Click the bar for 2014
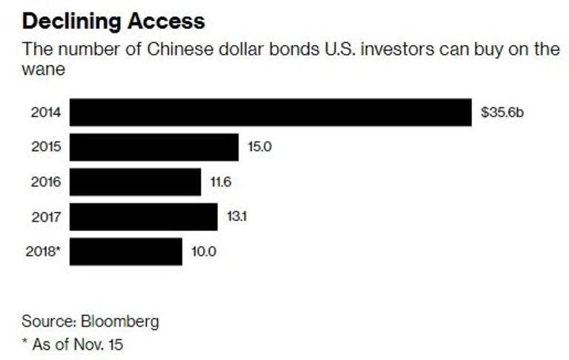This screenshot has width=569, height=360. point(271,113)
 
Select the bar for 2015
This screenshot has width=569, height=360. point(155,147)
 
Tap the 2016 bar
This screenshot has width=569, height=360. point(136,182)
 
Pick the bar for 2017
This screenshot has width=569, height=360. point(144,217)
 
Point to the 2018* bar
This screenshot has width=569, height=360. point(127,252)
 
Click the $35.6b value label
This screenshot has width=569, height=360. point(502,113)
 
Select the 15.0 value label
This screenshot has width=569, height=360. point(259,147)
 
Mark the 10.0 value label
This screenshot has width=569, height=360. point(203,252)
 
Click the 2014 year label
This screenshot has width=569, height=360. point(45,113)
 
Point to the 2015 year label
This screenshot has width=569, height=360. point(45,147)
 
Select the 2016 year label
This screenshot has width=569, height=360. point(45,182)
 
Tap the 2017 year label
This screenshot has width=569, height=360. point(45,217)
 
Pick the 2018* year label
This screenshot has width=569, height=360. point(42,252)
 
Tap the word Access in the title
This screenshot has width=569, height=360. point(164,21)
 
